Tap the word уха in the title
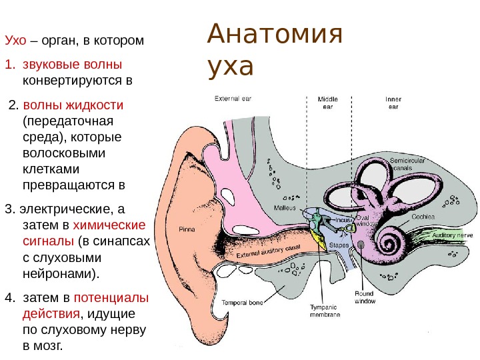coord(231,67)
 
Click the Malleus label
coord(285,207)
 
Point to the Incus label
coord(343,219)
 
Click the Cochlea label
coord(423,216)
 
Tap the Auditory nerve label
coord(453,235)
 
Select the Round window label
coord(365,297)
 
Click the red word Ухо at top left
coord(15,41)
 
